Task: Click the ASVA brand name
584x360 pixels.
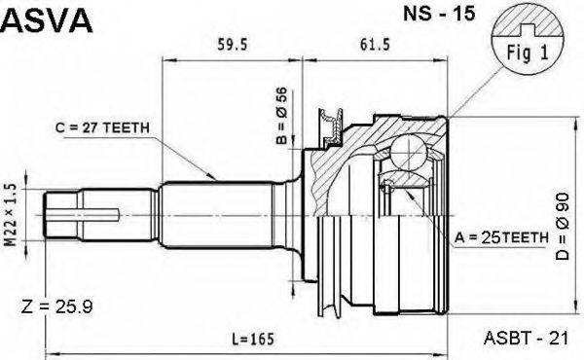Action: click(46, 20)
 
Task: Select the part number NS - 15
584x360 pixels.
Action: click(440, 14)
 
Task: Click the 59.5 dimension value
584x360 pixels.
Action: click(232, 45)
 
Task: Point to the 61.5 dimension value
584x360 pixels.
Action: click(375, 45)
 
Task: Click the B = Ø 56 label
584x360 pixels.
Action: click(281, 116)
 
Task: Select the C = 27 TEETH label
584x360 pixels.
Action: click(102, 127)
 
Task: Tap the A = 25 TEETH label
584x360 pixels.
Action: click(501, 237)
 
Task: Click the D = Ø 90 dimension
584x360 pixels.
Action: click(563, 226)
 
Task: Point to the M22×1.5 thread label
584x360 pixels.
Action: click(12, 214)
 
